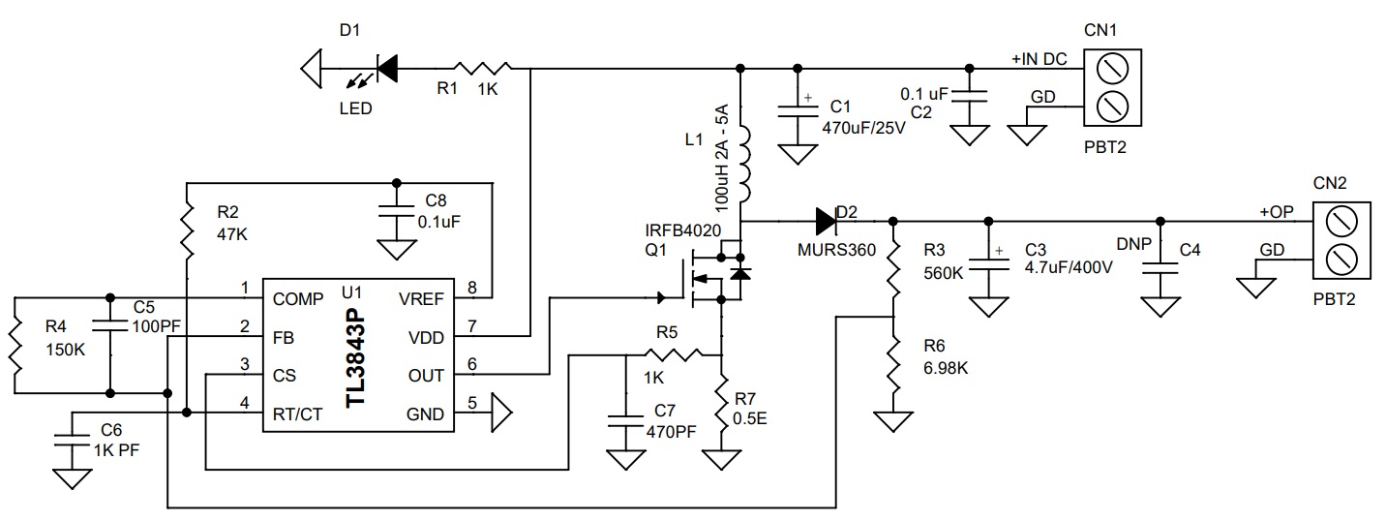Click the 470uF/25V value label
(x=863, y=128)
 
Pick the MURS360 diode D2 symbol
(x=826, y=221)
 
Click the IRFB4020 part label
(x=683, y=230)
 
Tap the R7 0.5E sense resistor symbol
(x=721, y=403)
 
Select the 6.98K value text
(x=946, y=368)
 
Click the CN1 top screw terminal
(x=1112, y=69)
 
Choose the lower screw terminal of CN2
(x=1342, y=260)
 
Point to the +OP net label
(x=1277, y=212)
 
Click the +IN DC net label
(x=1039, y=59)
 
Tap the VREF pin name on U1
(x=421, y=299)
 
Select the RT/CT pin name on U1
(x=297, y=414)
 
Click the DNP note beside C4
(x=1133, y=244)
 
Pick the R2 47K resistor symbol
(x=187, y=234)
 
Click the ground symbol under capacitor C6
(x=73, y=479)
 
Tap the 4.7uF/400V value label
(x=1069, y=267)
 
